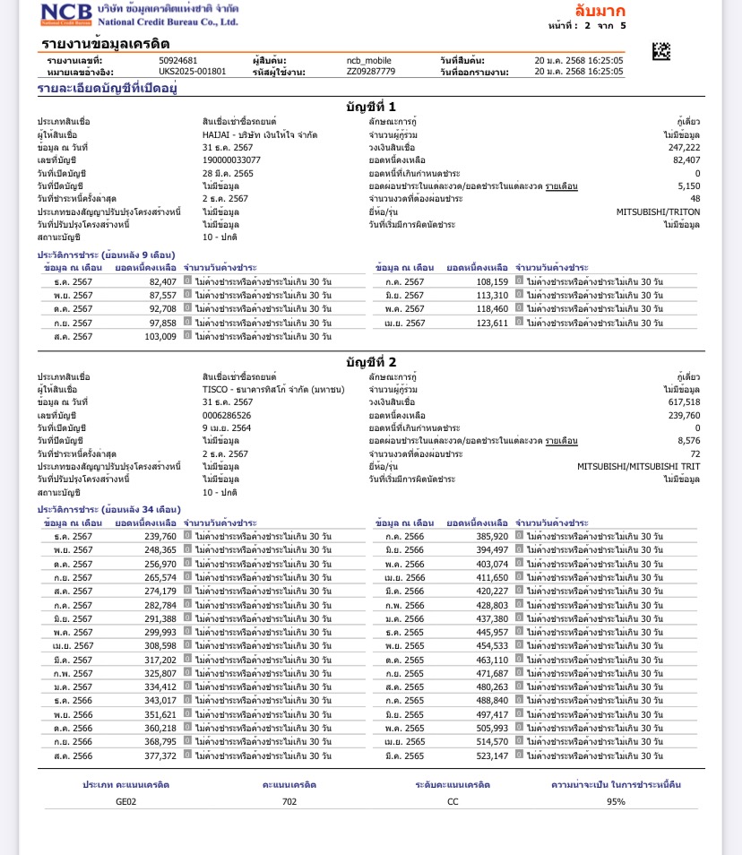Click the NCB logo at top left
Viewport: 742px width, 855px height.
click(x=65, y=13)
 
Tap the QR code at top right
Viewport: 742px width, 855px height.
click(x=660, y=51)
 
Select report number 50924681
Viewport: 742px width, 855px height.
click(x=177, y=60)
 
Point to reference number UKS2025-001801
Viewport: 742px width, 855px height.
click(x=193, y=71)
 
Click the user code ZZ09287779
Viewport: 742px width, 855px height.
click(x=371, y=71)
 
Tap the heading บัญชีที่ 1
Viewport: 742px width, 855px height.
click(x=371, y=107)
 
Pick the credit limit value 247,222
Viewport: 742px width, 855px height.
click(x=684, y=147)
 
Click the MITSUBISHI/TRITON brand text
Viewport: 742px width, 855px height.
click(x=658, y=212)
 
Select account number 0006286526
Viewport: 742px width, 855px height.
click(x=227, y=415)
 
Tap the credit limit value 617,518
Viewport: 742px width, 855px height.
click(x=684, y=402)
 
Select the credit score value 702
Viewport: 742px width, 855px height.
click(x=289, y=801)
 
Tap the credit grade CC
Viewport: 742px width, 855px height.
click(x=453, y=801)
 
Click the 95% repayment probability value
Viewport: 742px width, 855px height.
click(x=616, y=801)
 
